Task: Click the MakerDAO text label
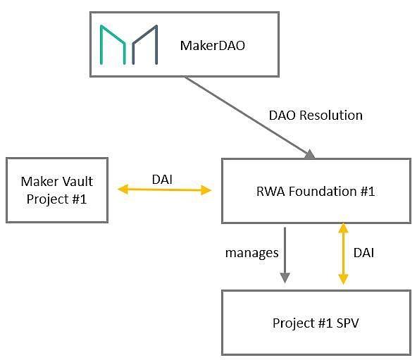pyautogui.click(x=213, y=46)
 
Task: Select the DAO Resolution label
pyautogui.click(x=316, y=116)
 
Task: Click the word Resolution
pyautogui.click(x=331, y=116)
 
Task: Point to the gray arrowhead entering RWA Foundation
pyautogui.click(x=309, y=154)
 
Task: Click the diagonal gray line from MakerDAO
pyautogui.click(x=247, y=116)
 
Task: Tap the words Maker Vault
pyautogui.click(x=57, y=182)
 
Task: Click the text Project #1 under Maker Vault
pyautogui.click(x=56, y=199)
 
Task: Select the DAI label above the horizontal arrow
pyautogui.click(x=162, y=180)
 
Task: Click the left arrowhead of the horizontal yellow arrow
pyautogui.click(x=123, y=190)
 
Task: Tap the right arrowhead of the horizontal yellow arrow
pyautogui.click(x=206, y=190)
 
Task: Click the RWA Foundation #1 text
pyautogui.click(x=316, y=192)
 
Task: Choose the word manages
pyautogui.click(x=252, y=253)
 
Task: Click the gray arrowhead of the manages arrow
pyautogui.click(x=285, y=278)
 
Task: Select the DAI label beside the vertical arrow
pyautogui.click(x=363, y=253)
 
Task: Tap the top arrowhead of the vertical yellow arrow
pyautogui.click(x=343, y=228)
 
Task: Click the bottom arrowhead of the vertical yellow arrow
pyautogui.click(x=343, y=279)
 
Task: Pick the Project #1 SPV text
pyautogui.click(x=316, y=323)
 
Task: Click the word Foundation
pyautogui.click(x=323, y=192)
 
